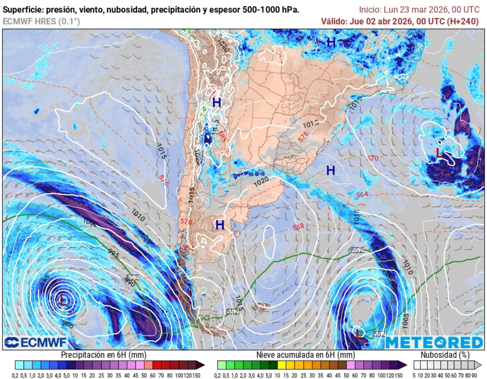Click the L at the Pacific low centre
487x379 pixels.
[x=63, y=300]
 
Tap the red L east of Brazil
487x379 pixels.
[x=439, y=152]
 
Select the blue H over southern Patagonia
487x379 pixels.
[x=220, y=225]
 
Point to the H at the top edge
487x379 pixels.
[x=331, y=42]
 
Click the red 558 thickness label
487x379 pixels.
[x=298, y=227]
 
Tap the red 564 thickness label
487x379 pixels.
[x=362, y=194]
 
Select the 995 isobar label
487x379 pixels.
[x=113, y=252]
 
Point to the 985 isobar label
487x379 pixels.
[x=45, y=281]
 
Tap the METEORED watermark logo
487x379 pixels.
[x=434, y=342]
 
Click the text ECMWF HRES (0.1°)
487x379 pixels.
[x=41, y=21]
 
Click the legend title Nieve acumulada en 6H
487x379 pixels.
[x=305, y=355]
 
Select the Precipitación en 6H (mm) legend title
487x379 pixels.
[x=103, y=355]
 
